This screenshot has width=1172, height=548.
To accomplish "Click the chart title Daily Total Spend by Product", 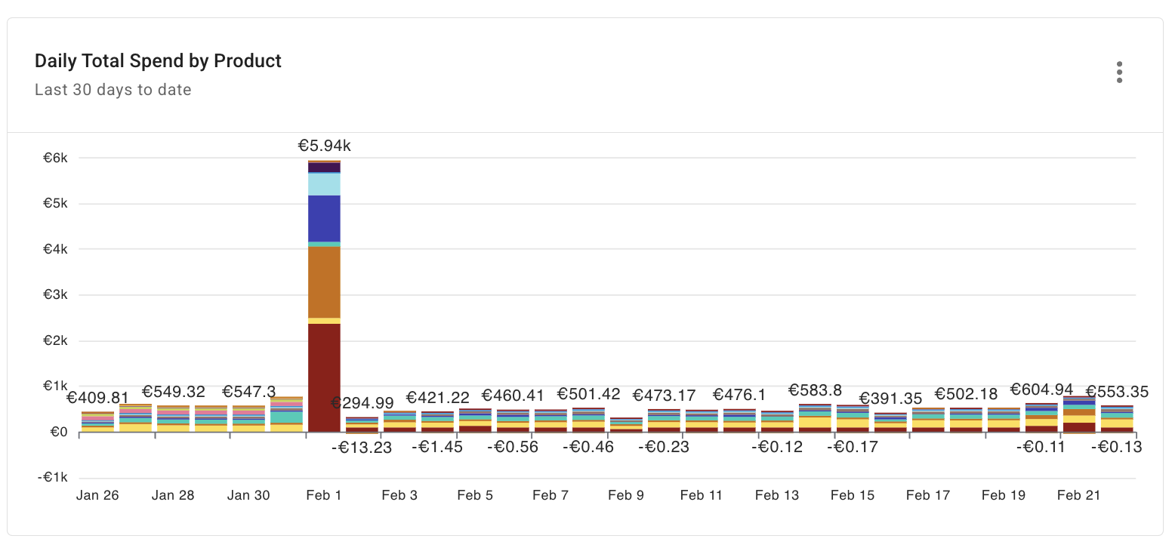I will [158, 61].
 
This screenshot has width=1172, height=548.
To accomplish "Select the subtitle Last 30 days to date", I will [113, 90].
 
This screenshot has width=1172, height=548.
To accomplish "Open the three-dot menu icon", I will [1119, 72].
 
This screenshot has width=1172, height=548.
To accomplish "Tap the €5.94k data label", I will [324, 146].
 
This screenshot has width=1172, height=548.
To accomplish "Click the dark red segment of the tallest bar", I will [324, 377].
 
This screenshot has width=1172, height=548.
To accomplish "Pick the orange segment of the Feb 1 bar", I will [324, 282].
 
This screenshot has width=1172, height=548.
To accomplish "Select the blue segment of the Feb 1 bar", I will [324, 218].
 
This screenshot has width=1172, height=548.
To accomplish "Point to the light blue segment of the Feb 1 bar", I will [324, 184].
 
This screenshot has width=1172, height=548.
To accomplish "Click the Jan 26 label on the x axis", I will [97, 496].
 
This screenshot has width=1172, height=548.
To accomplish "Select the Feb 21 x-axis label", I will [1078, 496].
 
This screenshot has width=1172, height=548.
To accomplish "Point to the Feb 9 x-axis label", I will [626, 496].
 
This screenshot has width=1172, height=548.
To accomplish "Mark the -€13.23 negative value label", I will [362, 448].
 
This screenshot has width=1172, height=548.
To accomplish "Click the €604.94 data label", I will [1041, 390].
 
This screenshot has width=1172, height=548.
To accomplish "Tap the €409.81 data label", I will [97, 397].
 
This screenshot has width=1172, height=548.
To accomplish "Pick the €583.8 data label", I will [815, 390].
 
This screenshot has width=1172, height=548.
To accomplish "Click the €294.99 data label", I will [362, 402].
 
